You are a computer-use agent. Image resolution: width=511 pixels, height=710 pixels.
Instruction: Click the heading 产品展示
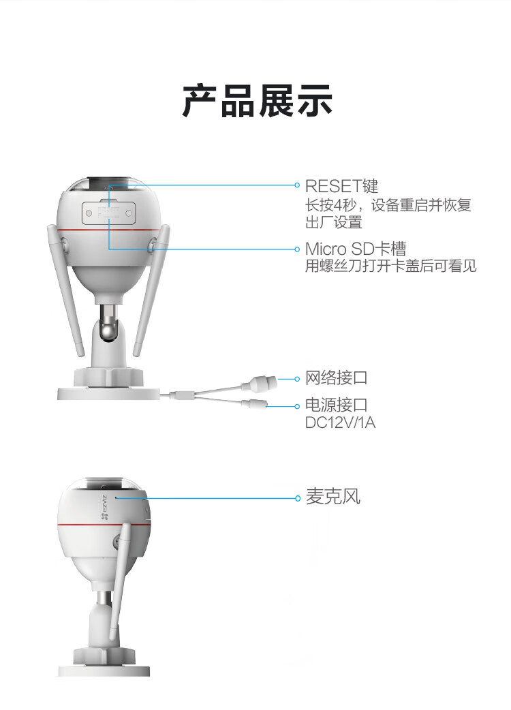(257, 101)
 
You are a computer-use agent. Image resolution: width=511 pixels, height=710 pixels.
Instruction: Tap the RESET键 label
(341, 186)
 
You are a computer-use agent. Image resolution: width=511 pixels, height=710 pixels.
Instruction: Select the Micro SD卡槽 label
(355, 249)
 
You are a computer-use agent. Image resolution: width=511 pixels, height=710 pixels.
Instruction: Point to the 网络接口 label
(337, 377)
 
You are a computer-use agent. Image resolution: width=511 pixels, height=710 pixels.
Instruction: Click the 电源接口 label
(337, 404)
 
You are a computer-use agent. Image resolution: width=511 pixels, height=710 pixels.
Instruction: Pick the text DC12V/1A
(341, 422)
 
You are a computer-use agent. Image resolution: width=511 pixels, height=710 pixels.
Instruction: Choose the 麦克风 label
(333, 497)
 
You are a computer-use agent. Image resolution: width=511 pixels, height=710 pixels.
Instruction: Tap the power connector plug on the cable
(254, 403)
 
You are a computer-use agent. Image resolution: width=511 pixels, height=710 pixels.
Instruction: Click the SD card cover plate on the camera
(108, 213)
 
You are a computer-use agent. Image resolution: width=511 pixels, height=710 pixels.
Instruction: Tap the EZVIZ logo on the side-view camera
(105, 507)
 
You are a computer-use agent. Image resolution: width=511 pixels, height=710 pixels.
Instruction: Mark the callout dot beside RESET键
(297, 185)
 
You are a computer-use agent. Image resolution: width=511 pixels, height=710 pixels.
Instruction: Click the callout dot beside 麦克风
(297, 498)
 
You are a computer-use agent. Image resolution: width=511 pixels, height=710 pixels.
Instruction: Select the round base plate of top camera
(108, 393)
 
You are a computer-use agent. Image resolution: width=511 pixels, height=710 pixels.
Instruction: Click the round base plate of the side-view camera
(104, 670)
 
